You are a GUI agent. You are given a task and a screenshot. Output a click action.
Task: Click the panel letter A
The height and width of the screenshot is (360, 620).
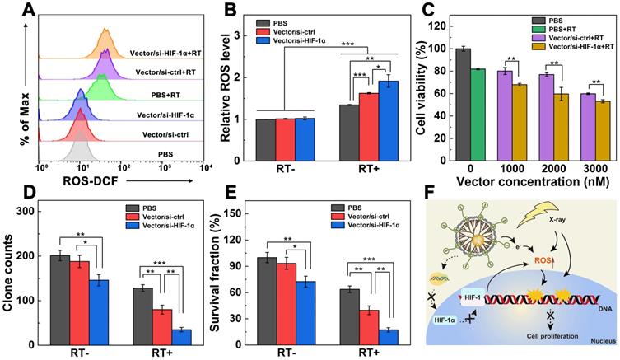point(11,10)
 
